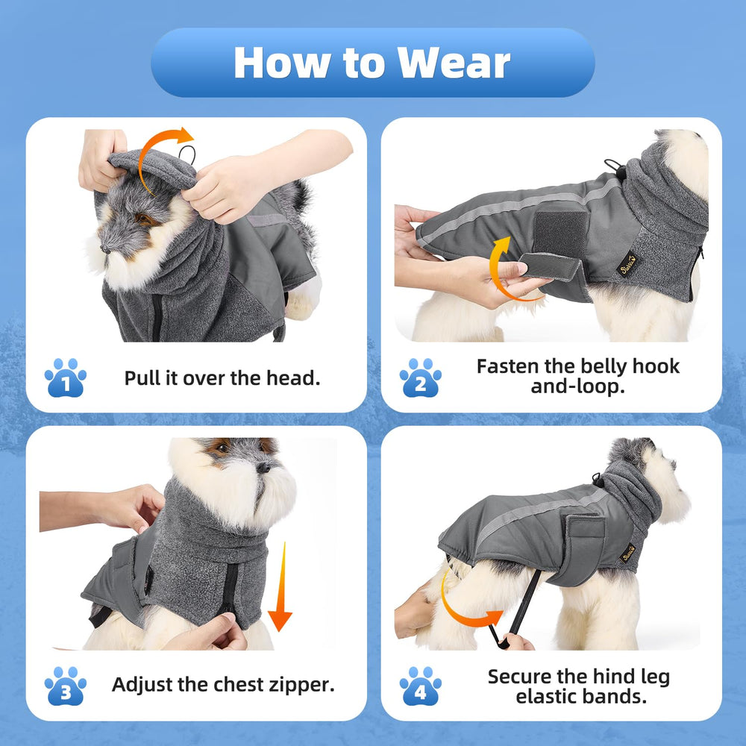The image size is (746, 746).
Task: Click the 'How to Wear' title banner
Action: pyautogui.click(x=372, y=63)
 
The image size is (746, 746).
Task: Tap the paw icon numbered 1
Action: pyautogui.click(x=66, y=378)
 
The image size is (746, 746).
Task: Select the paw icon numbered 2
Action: pyautogui.click(x=420, y=378)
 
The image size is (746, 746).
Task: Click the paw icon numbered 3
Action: pyautogui.click(x=66, y=686)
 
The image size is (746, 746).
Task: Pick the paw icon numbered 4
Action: pyautogui.click(x=420, y=686)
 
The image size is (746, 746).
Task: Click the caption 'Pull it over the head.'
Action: pyautogui.click(x=222, y=377)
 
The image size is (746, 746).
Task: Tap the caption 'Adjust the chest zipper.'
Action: pyautogui.click(x=223, y=685)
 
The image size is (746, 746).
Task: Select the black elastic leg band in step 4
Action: pyautogui.click(x=522, y=608)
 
